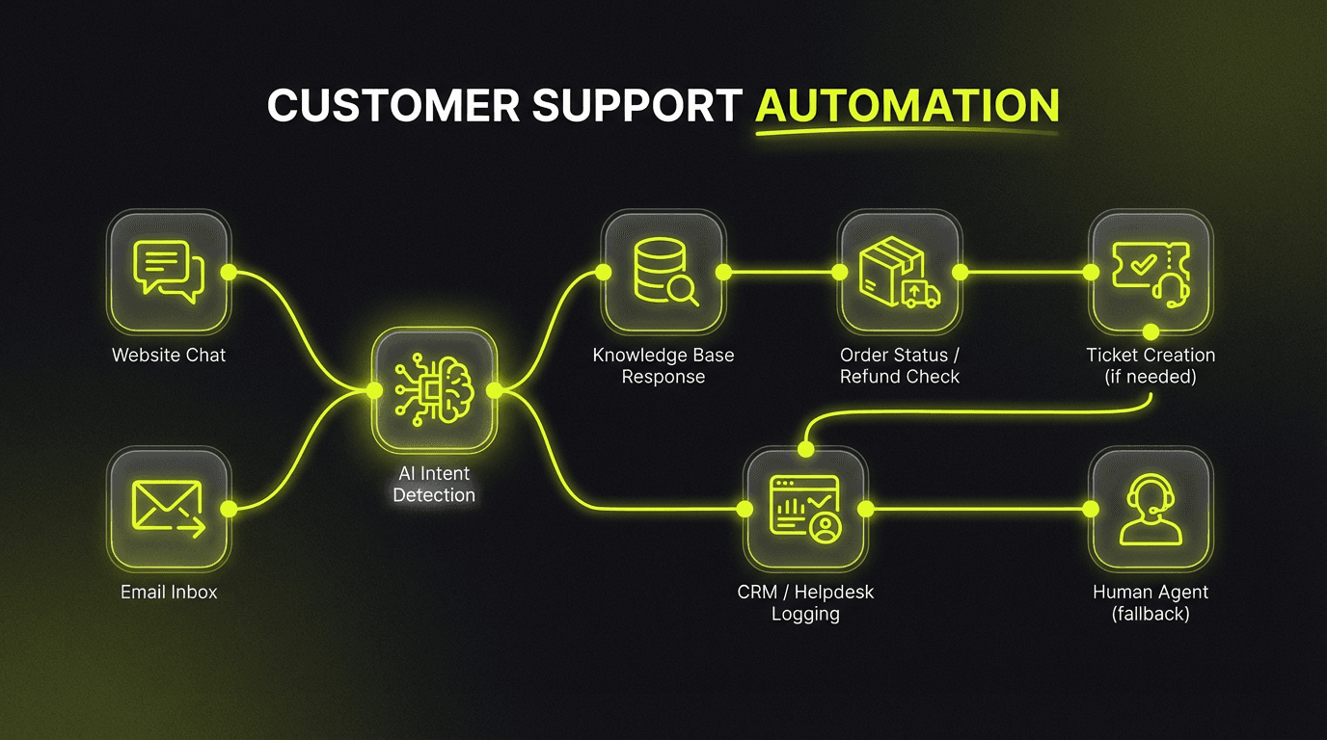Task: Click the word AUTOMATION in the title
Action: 907,105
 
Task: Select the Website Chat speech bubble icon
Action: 169,272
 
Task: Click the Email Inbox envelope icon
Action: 169,508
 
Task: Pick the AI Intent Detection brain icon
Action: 434,389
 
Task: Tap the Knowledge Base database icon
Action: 663,272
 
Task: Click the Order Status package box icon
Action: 899,272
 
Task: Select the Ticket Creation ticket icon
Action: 1151,272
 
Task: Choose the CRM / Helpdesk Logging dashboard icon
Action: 804,508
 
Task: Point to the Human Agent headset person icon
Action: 1151,508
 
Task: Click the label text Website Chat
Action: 169,356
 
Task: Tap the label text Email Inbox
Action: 169,593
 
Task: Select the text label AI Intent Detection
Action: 434,484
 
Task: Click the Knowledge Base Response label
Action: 663,366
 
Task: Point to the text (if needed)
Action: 1151,377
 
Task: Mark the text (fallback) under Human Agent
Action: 1151,614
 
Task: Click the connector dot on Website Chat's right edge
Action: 229,273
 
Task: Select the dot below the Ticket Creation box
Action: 1151,331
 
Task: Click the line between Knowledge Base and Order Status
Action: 781,273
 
